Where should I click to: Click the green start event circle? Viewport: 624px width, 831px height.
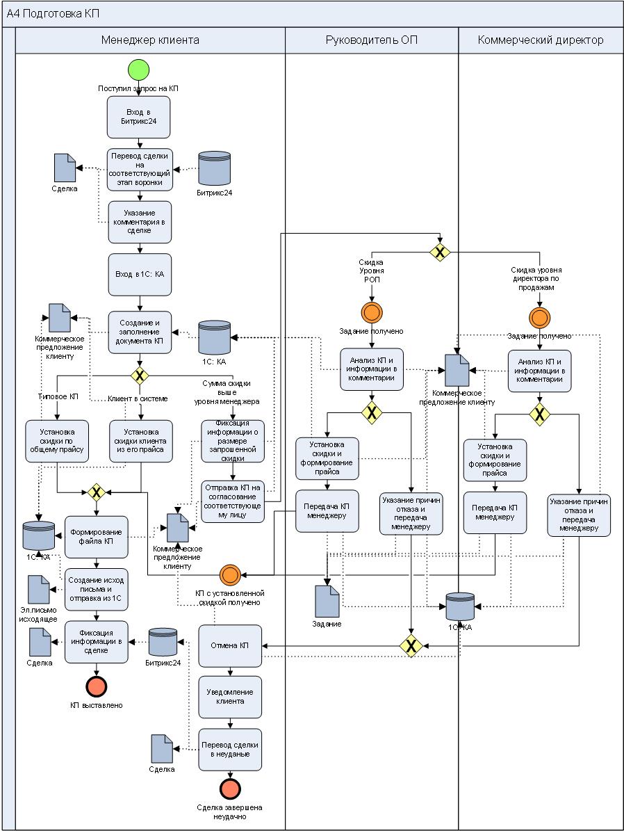[x=139, y=71]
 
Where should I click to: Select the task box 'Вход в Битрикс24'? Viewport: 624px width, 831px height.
[x=139, y=117]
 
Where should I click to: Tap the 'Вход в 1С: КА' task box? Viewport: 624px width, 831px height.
[x=139, y=275]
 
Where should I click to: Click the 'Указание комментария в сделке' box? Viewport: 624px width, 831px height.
[x=139, y=222]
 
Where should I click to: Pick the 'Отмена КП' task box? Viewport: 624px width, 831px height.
[x=230, y=645]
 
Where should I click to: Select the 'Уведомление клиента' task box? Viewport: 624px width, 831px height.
[x=230, y=697]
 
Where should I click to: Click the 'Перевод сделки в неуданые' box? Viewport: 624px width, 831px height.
[x=230, y=749]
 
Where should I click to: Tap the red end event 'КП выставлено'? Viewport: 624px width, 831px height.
[x=97, y=686]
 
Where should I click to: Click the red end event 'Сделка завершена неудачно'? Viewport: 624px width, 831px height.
[x=230, y=789]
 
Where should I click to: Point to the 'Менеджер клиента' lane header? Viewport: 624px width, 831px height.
[x=150, y=40]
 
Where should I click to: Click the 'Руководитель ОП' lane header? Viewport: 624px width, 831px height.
[x=372, y=40]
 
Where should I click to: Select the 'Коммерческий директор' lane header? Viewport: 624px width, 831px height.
[x=541, y=40]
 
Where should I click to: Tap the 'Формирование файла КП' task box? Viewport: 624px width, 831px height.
[x=97, y=536]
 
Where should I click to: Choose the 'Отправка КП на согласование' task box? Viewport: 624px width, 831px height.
[x=233, y=501]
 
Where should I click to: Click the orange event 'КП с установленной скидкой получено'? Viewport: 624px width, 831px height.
[x=230, y=575]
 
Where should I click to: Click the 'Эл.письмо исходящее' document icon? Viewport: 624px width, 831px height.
[x=39, y=590]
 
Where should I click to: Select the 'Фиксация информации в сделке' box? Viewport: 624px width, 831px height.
[x=97, y=641]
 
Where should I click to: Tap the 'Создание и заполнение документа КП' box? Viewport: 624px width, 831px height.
[x=139, y=332]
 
